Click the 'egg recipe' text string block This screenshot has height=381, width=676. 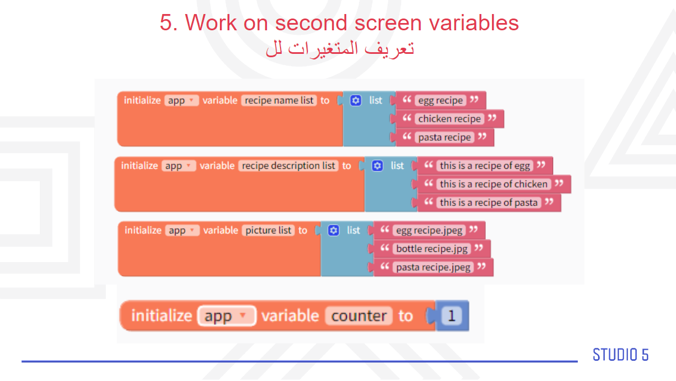(440, 100)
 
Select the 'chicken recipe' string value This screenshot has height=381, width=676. (449, 118)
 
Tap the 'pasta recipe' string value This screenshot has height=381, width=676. (444, 137)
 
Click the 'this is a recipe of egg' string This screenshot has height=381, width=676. (485, 166)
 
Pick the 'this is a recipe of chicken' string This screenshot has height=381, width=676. (494, 184)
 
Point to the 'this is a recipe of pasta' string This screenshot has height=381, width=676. (489, 202)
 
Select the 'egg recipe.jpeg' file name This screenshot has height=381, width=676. (429, 231)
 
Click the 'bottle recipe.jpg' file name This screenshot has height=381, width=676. (432, 249)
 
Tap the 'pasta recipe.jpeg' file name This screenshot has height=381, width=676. (433, 267)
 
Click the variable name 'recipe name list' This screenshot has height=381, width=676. (279, 100)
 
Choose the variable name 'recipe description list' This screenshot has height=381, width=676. (288, 166)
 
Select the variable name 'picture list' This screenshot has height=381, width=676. (268, 231)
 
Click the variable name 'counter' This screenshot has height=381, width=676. (359, 316)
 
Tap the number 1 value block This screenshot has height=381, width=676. (452, 316)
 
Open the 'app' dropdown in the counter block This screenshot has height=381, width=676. (226, 316)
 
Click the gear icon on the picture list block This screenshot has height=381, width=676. (333, 231)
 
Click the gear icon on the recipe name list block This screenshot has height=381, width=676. (356, 100)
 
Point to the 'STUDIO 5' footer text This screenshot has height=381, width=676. (620, 355)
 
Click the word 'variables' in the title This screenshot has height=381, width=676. (474, 23)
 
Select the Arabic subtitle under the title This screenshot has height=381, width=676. (340, 49)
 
